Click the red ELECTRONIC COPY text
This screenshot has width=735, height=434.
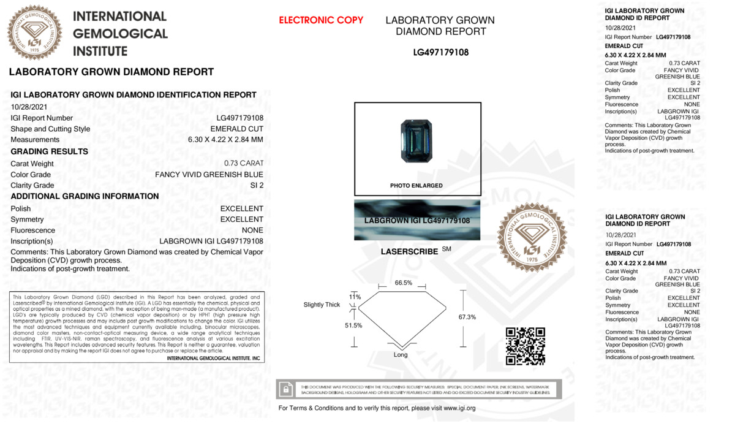click(321, 20)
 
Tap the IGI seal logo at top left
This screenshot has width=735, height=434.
click(34, 32)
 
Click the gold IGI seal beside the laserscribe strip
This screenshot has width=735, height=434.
click(531, 237)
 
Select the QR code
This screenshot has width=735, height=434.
click(526, 346)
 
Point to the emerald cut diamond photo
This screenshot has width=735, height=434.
click(417, 140)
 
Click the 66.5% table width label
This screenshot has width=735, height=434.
click(403, 283)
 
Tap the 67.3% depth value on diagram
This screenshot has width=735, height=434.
click(467, 317)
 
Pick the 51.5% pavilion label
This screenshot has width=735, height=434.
click(353, 325)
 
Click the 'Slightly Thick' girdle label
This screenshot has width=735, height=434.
click(322, 305)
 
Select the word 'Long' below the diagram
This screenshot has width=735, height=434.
click(401, 355)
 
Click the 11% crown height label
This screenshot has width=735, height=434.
click(355, 297)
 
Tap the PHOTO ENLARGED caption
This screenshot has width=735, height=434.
click(417, 185)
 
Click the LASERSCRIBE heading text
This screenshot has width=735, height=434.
click(409, 251)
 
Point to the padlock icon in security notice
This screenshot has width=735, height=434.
click(285, 389)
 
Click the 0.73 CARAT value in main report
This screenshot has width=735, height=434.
click(244, 164)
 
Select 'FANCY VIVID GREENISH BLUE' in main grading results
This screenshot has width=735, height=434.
click(209, 175)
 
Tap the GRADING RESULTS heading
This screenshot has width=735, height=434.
click(50, 151)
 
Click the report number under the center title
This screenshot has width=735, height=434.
click(440, 53)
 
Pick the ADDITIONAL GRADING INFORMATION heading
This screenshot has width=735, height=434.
click(85, 196)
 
